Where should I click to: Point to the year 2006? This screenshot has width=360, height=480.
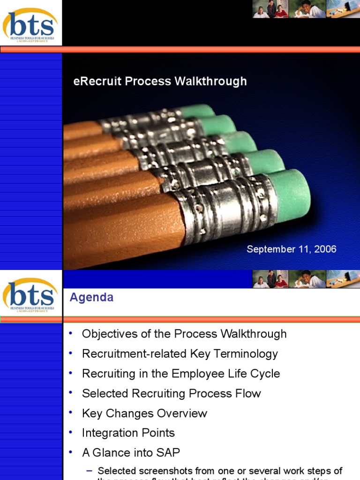click(x=326, y=249)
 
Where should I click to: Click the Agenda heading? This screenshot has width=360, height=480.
click(x=91, y=298)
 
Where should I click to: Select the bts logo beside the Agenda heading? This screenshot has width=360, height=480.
click(x=30, y=295)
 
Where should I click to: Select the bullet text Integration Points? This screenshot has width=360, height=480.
click(x=128, y=433)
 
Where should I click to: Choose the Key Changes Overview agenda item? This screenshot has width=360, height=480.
click(x=144, y=413)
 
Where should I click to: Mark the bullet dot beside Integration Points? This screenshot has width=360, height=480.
click(x=70, y=432)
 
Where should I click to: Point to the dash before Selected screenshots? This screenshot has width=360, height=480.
click(x=89, y=471)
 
